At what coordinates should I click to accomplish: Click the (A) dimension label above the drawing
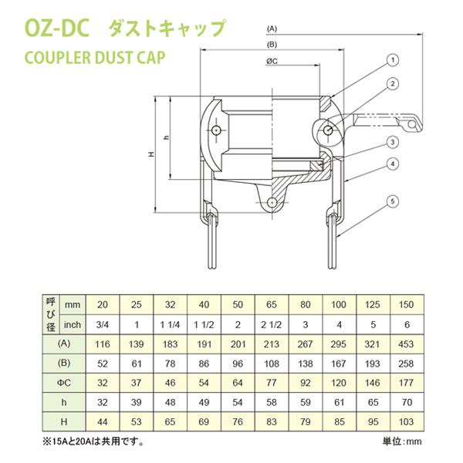coord(272,28)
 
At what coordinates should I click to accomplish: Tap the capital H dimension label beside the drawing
coord(150,154)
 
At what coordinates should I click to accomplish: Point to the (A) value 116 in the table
coord(103,342)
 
